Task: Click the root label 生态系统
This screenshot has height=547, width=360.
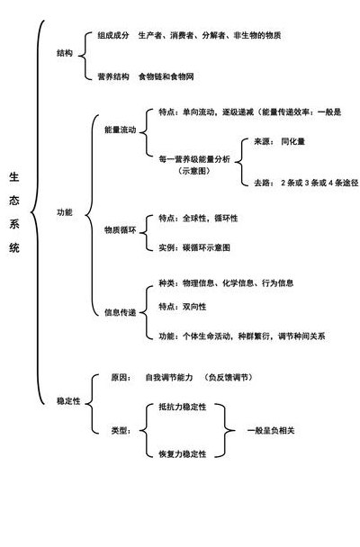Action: click(14, 212)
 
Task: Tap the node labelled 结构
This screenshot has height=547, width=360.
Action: click(65, 53)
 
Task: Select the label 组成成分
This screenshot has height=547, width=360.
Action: click(113, 35)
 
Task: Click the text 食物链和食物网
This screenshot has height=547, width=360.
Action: click(166, 76)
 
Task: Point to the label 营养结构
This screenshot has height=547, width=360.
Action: click(113, 76)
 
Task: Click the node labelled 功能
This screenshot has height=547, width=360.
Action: click(65, 212)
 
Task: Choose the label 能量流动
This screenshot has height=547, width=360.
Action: click(121, 130)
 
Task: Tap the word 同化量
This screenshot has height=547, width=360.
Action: click(293, 141)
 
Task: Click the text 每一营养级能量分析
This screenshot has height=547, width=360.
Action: click(194, 159)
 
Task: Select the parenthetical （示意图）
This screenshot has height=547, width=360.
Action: click(194, 171)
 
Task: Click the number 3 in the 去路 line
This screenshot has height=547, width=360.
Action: click(307, 183)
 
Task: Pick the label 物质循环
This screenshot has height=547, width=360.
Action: click(121, 230)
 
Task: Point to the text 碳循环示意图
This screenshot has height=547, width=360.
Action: click(206, 247)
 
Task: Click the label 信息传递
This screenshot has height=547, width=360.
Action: click(121, 312)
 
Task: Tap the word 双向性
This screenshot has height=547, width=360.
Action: click(194, 307)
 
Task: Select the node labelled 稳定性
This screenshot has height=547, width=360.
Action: click(68, 401)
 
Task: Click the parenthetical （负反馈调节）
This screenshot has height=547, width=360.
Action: click(229, 378)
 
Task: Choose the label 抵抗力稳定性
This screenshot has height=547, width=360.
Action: click(183, 407)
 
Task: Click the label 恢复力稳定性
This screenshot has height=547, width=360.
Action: click(183, 453)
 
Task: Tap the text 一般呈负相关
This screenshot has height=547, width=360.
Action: click(271, 430)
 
